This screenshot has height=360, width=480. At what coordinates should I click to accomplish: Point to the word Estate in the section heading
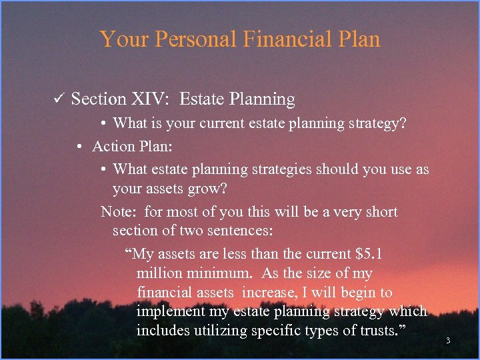click(204, 99)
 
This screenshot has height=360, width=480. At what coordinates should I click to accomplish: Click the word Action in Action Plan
click(113, 146)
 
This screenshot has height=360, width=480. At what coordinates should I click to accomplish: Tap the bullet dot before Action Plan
click(79, 147)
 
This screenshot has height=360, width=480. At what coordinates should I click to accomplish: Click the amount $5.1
click(369, 254)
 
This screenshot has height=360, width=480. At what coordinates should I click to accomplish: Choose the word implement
click(167, 311)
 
